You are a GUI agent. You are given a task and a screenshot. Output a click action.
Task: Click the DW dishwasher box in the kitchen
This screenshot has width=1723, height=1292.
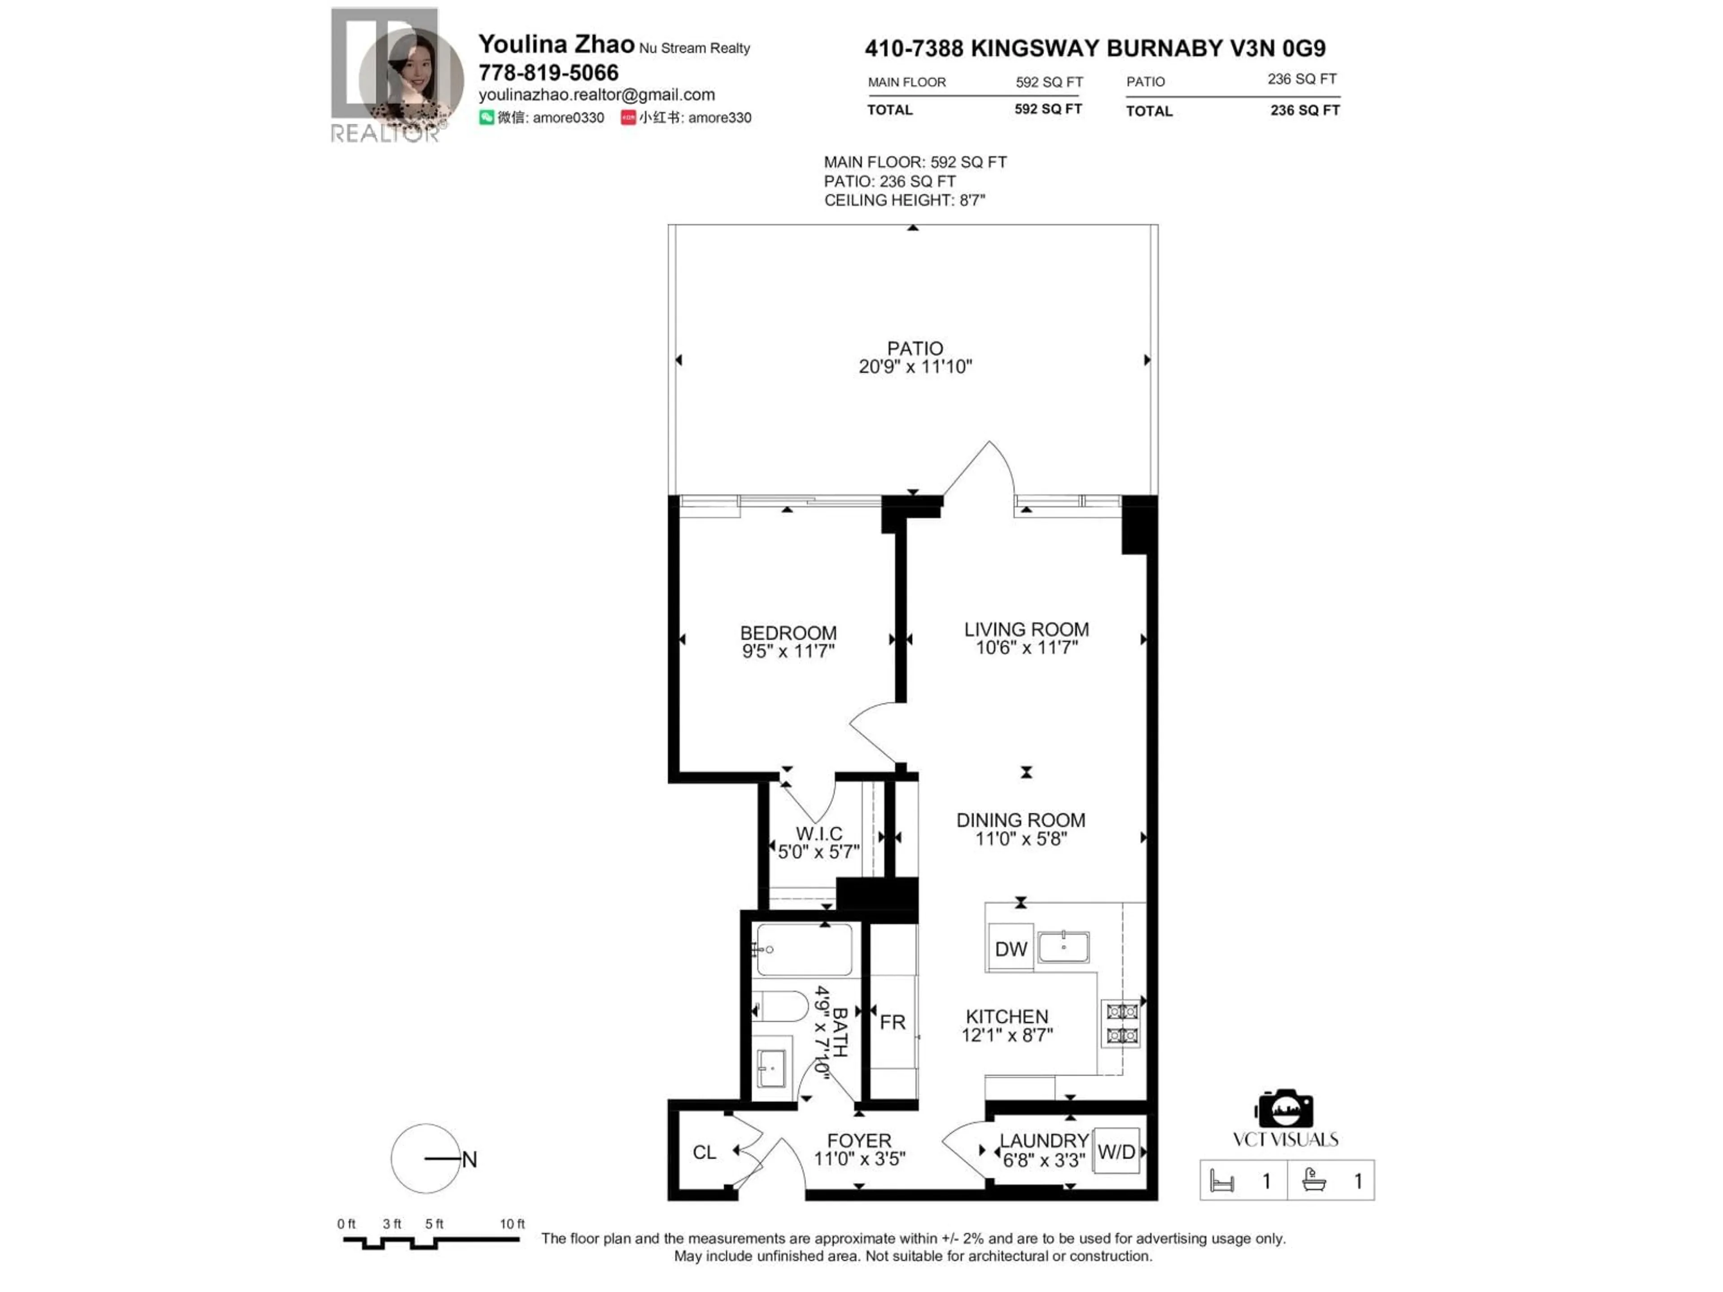(1010, 948)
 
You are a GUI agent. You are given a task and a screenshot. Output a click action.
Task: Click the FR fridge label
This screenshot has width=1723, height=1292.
(892, 1022)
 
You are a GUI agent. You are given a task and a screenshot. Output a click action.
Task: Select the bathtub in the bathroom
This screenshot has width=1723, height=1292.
(804, 949)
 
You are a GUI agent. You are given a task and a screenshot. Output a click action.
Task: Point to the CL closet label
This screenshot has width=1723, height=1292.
(704, 1152)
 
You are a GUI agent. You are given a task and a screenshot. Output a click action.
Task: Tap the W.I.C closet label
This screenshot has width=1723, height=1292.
(819, 834)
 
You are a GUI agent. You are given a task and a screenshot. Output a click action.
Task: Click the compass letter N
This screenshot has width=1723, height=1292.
(469, 1160)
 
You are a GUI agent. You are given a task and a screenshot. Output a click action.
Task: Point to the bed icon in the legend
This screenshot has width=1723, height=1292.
(1221, 1181)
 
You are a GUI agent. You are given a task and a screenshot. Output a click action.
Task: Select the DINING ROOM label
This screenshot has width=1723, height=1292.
(1020, 820)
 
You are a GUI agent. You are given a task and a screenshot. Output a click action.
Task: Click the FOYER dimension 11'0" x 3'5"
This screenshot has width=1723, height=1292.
(859, 1159)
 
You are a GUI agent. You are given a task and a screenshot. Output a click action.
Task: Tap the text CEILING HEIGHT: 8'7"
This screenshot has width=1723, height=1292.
(904, 200)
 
